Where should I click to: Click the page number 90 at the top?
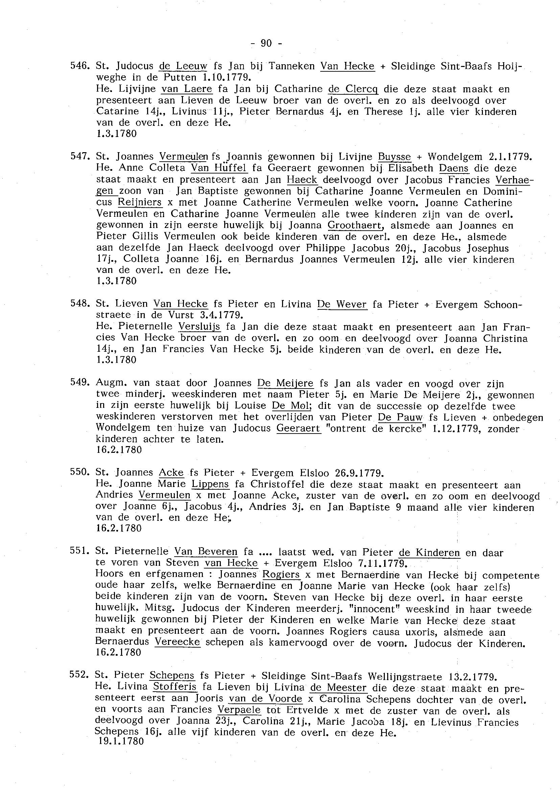(266, 43)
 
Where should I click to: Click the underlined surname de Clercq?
(353, 89)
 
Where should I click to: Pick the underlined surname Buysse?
(395, 157)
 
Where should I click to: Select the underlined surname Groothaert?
(355, 226)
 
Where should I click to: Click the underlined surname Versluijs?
(199, 327)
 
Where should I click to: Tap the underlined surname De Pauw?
(400, 417)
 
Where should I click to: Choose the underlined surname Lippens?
(210, 485)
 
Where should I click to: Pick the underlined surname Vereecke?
(177, 642)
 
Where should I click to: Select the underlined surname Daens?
(454, 168)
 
